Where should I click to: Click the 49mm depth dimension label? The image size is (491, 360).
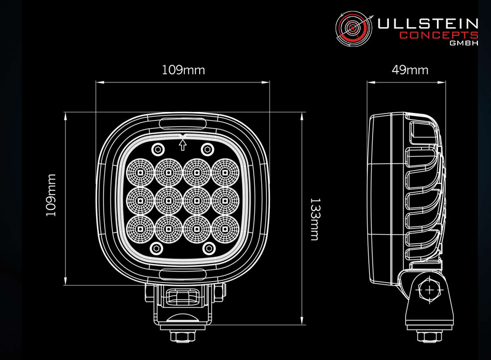(x=410, y=70)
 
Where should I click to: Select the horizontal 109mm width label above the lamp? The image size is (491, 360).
(x=183, y=70)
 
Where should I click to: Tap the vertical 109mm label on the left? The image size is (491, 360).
(x=51, y=195)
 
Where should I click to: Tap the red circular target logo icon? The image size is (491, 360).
(x=352, y=28)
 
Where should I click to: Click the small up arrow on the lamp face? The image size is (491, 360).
(x=183, y=144)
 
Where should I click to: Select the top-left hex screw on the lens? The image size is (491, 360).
(x=158, y=149)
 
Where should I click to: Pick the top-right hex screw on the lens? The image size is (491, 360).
(x=208, y=149)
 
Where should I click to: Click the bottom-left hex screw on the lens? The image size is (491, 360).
(x=158, y=249)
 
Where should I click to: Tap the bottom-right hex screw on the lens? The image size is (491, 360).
(x=208, y=249)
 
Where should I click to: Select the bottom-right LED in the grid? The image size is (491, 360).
(x=225, y=229)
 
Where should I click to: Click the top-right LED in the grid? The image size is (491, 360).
(x=225, y=172)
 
